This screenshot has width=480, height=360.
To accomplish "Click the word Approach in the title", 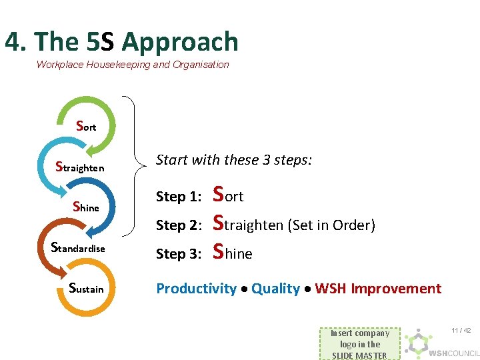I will pyautogui.click(x=179, y=42).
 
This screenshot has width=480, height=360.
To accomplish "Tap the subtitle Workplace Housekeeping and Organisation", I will pyautogui.click(x=133, y=65).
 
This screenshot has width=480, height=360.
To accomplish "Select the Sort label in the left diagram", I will pyautogui.click(x=86, y=126).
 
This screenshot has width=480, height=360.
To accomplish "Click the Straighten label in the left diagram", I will pyautogui.click(x=79, y=167).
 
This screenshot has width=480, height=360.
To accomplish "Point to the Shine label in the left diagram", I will pyautogui.click(x=85, y=207).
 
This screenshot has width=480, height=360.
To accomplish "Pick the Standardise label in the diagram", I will pyautogui.click(x=78, y=248).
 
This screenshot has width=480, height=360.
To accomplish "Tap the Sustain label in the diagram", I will pyautogui.click(x=86, y=288).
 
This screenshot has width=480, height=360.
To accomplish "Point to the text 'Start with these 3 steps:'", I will pyautogui.click(x=233, y=160).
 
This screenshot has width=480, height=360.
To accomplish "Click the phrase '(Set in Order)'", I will pyautogui.click(x=331, y=225).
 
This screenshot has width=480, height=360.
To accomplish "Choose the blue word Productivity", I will pyautogui.click(x=196, y=289).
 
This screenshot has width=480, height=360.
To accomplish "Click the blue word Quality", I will pyautogui.click(x=275, y=289).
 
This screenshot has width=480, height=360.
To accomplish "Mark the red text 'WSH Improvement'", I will pyautogui.click(x=378, y=289).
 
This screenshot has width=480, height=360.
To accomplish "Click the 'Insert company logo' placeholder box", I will pyautogui.click(x=360, y=344).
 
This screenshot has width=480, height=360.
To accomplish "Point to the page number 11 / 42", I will pyautogui.click(x=461, y=331).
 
